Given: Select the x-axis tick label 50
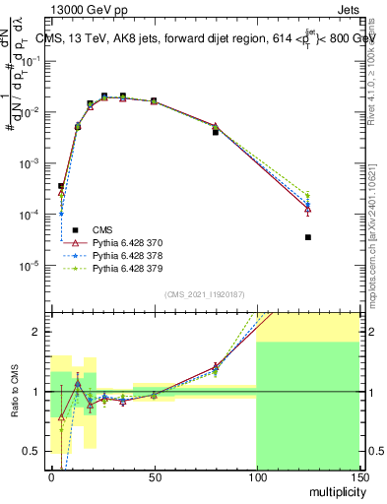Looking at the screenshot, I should tap(154, 477).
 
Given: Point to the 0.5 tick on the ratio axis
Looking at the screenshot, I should tap(36, 451).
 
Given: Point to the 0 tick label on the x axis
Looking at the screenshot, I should tap(51, 477).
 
